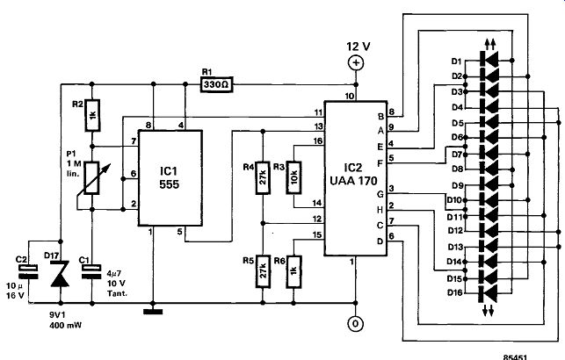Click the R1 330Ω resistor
216,84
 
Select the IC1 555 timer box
170,178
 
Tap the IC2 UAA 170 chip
356,178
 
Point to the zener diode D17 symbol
60,274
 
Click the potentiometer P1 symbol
91,178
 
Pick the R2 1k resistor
92,115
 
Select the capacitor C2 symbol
29,272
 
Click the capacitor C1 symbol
92,272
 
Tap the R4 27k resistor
263,178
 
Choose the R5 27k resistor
263,272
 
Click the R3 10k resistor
293,178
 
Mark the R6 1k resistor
293,272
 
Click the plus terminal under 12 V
356,63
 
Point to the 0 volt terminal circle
356,324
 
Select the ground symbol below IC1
153,312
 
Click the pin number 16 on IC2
317,141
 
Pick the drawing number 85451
515,357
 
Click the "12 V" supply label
359,47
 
